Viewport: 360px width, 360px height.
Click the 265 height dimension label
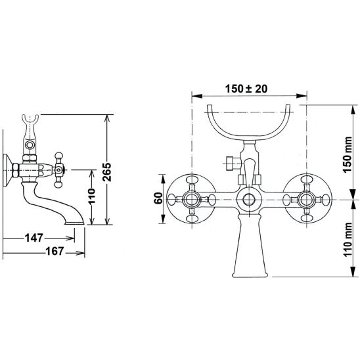click(x=107, y=172)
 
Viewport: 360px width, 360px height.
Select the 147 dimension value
click(x=34, y=238)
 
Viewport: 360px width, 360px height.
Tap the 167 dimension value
click(x=55, y=251)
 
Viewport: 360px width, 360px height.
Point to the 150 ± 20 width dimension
click(x=246, y=89)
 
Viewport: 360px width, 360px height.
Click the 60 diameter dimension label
click(x=158, y=198)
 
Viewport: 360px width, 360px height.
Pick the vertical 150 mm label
click(x=347, y=154)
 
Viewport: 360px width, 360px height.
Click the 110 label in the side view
click(x=91, y=196)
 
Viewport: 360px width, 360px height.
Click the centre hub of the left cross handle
click(x=191, y=199)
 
